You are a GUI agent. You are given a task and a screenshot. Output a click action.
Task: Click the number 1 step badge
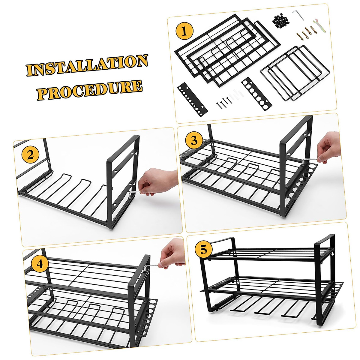(x=184, y=31)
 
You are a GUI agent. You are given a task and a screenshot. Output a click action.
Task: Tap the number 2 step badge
(x=30, y=155)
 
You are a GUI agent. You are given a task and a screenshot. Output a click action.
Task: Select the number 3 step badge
(x=194, y=140)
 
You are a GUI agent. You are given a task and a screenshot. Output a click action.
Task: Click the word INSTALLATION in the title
(x=87, y=65)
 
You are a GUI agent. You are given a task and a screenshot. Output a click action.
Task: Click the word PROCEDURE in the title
(x=89, y=89)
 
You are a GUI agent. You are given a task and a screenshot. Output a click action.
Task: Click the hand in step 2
(x=156, y=181)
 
